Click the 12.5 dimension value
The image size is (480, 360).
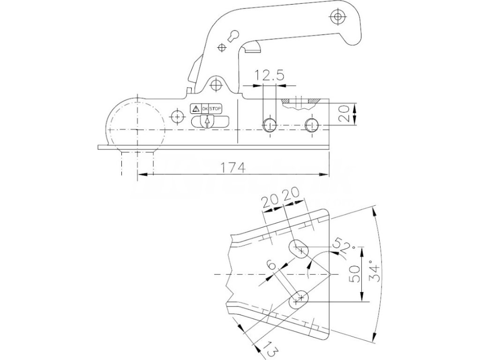click(x=269, y=76)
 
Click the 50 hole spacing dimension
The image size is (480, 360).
click(x=355, y=273)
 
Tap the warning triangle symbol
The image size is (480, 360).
click(x=195, y=108)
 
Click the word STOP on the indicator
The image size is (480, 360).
click(x=215, y=108)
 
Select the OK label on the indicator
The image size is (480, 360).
click(x=204, y=108)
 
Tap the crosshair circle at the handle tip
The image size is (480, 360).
click(x=337, y=17)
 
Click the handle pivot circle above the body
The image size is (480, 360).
click(x=216, y=85)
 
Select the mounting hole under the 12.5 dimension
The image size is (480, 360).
click(x=269, y=125)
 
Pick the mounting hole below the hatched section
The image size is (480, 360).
click(x=311, y=125)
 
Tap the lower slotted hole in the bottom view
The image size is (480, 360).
click(x=298, y=299)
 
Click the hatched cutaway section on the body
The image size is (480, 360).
click(x=300, y=102)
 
